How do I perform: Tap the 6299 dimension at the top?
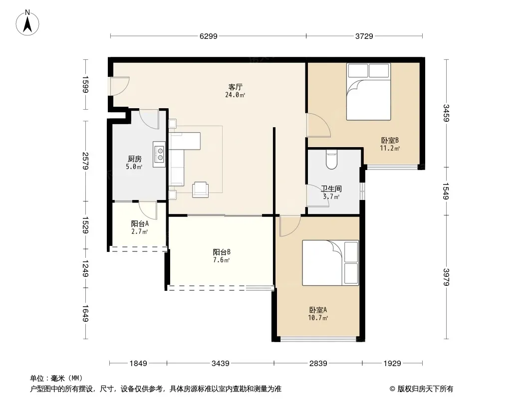(x=208, y=36)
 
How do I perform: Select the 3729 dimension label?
(x=364, y=36)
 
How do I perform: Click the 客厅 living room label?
(x=235, y=87)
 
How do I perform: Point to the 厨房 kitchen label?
(x=134, y=159)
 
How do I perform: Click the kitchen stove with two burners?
(x=159, y=154)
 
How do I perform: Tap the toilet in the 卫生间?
(x=331, y=159)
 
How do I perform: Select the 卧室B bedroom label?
(x=390, y=140)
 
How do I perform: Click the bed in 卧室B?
(x=368, y=92)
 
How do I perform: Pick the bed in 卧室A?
(x=330, y=263)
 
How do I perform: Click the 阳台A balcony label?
(x=140, y=224)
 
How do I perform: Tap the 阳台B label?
(x=222, y=252)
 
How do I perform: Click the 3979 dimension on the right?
(x=446, y=277)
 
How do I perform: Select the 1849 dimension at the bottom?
(x=138, y=364)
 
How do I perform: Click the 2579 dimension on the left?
(x=85, y=161)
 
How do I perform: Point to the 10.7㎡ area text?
(x=318, y=318)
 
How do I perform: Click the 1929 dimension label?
(x=392, y=364)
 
